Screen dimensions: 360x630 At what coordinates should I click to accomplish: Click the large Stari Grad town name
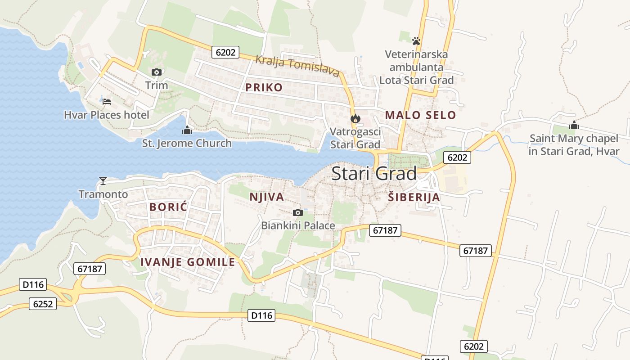[374, 174]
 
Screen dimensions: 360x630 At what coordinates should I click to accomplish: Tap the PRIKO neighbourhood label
[264, 87]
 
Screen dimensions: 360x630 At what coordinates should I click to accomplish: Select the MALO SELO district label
[420, 115]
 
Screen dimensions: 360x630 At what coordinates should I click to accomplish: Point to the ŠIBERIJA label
[414, 197]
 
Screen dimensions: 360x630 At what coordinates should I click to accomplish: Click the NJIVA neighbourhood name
[267, 197]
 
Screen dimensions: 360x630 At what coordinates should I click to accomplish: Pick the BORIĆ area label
[168, 207]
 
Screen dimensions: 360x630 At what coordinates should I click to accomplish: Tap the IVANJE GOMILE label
[188, 262]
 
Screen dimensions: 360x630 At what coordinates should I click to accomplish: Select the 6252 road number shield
[43, 304]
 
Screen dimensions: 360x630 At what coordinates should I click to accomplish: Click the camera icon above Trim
[157, 72]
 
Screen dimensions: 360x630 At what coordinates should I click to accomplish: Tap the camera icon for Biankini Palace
[297, 212]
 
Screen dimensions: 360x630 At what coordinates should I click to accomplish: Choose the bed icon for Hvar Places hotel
[107, 102]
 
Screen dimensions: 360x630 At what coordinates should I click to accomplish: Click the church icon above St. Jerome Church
[187, 130]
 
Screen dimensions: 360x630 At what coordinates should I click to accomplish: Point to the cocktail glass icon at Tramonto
[103, 181]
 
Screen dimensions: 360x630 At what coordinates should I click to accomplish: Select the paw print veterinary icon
[416, 41]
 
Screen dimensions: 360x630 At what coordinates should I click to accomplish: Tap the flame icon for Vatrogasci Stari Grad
[355, 119]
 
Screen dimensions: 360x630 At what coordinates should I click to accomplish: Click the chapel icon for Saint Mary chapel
[574, 126]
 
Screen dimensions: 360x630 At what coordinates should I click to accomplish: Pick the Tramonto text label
[103, 194]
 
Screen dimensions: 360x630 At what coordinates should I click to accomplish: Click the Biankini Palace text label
[298, 225]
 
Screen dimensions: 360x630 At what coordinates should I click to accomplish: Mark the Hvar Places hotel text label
[106, 115]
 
